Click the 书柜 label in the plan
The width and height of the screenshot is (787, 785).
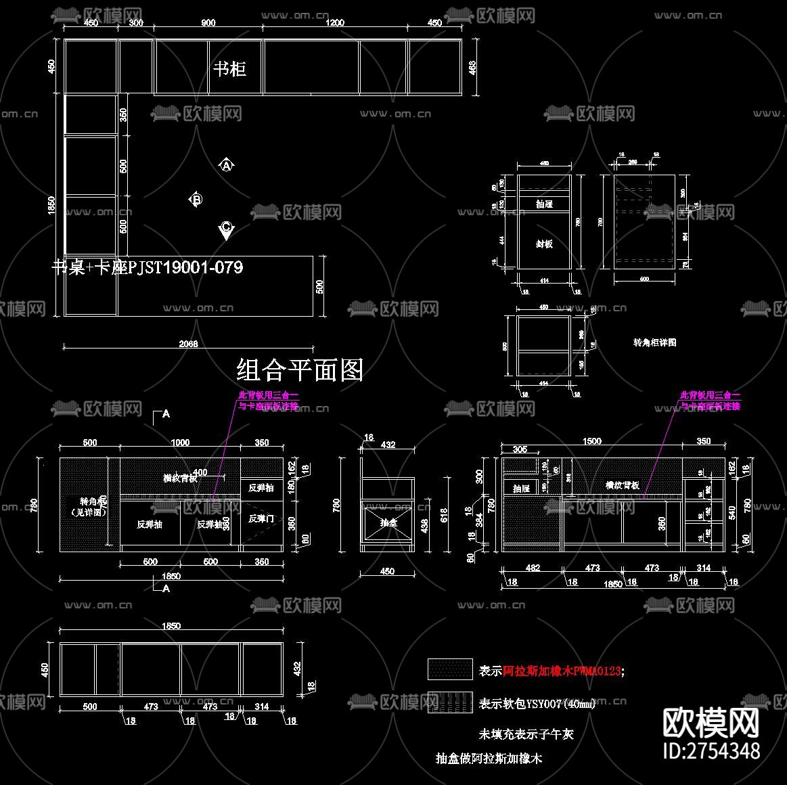point(229,68)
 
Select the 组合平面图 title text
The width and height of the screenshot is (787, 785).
point(300,370)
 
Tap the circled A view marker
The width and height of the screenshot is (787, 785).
point(226,165)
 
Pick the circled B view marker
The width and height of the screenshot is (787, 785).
point(196,199)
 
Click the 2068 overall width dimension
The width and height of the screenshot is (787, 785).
point(188,344)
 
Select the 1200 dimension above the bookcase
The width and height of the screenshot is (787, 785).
point(334,22)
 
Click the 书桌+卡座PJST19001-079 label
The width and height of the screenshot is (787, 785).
point(148,267)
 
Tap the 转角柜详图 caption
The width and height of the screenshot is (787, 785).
point(654,342)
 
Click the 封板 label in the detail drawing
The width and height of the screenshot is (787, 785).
point(544,244)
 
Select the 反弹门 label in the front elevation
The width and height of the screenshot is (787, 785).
point(261,518)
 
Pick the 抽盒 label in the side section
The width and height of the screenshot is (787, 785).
point(388,522)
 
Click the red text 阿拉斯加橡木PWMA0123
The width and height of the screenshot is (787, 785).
point(562,671)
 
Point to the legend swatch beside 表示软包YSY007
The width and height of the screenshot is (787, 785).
point(449,702)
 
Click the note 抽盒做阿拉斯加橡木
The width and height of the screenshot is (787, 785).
point(489,759)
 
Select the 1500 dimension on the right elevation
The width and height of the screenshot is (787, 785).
point(591,441)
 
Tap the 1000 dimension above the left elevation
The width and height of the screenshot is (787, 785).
point(180,443)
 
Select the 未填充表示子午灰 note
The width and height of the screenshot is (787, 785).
point(526,734)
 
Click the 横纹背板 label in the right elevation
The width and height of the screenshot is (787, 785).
point(622,485)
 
